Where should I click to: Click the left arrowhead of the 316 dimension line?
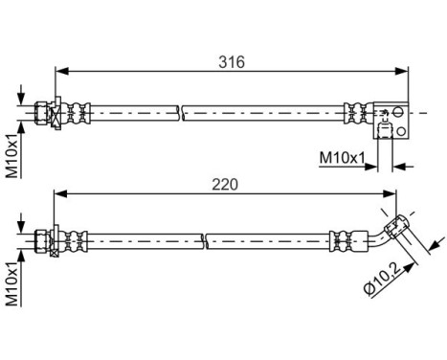coord(60,71)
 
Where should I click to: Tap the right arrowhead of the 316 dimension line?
coord(404,71)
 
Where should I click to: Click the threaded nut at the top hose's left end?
coord(41,112)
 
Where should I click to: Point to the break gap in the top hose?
coord(181,113)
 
